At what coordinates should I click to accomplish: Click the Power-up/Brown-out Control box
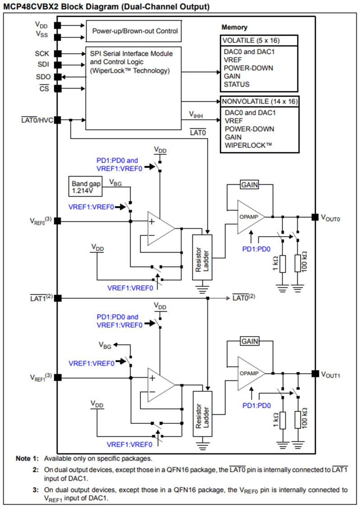[x=135, y=31]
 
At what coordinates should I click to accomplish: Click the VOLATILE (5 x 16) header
[x=259, y=41]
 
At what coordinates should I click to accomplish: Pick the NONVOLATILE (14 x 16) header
[x=259, y=101]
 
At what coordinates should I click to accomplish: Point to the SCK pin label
[x=42, y=54]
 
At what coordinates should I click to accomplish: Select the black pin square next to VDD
[x=57, y=26]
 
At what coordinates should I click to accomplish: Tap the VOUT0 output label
[x=330, y=217]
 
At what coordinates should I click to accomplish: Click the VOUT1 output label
[x=330, y=374]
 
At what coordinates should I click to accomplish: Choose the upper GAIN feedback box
[x=250, y=185]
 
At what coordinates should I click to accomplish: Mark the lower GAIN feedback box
[x=250, y=341]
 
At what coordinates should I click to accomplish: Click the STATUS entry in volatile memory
[x=237, y=84]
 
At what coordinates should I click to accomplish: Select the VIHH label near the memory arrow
[x=196, y=116]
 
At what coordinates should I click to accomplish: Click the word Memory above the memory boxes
[x=234, y=28]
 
